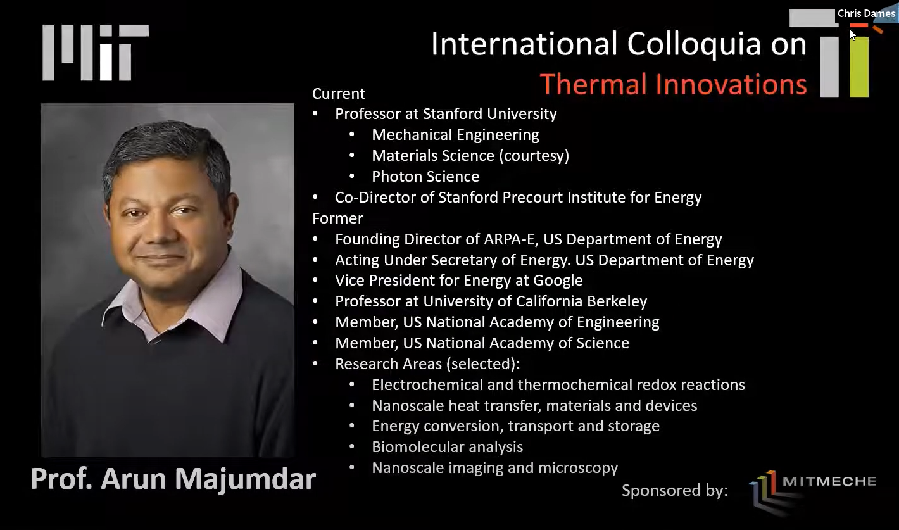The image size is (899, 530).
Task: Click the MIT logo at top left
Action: tap(96, 53)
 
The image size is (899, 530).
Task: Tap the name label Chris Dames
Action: tap(866, 14)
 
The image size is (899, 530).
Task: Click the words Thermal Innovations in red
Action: tap(673, 84)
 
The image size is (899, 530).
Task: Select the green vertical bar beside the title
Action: tap(859, 66)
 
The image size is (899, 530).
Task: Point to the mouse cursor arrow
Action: tap(852, 35)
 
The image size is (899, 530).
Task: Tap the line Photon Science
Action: tap(425, 177)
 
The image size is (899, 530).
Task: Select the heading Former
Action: tap(337, 218)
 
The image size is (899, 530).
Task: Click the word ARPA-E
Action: tap(509, 239)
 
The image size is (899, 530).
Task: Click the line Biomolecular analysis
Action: tap(447, 447)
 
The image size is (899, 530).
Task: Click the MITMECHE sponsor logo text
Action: tap(829, 481)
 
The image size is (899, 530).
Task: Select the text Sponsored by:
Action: tap(675, 491)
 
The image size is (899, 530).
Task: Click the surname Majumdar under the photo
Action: tap(245, 479)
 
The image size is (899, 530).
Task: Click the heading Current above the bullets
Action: tap(338, 94)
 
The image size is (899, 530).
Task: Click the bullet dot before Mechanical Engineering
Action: tap(352, 135)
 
